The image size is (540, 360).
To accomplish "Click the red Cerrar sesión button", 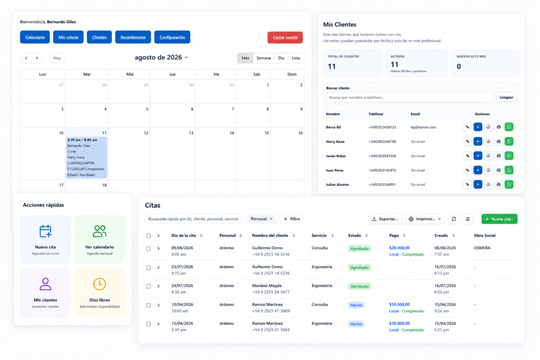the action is [x=285, y=37].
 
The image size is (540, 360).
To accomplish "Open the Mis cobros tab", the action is [x=68, y=37].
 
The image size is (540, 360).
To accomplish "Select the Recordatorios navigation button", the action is [x=133, y=37].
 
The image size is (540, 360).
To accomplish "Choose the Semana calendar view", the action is [x=264, y=58].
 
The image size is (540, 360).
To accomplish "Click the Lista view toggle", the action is [x=296, y=58].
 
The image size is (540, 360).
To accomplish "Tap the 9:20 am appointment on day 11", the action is [x=86, y=157].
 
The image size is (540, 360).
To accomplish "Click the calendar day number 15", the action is [x=266, y=133].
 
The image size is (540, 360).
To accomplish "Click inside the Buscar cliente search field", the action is [x=410, y=98].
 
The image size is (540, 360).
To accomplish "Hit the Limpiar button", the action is [x=506, y=98].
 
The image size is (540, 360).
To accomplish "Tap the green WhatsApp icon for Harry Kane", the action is [x=509, y=141].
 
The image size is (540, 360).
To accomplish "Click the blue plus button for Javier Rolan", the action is [x=478, y=156].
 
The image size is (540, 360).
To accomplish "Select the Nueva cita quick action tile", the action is [x=45, y=239].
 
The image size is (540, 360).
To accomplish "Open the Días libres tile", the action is [x=100, y=293].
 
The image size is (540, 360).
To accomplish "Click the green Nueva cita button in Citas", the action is [x=499, y=219].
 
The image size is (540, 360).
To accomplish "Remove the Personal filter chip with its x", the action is [x=271, y=219].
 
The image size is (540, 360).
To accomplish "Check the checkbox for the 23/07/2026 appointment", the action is [x=148, y=267].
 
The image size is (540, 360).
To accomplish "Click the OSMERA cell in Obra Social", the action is [x=482, y=248].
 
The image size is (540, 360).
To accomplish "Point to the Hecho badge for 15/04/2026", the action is [x=356, y=324].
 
